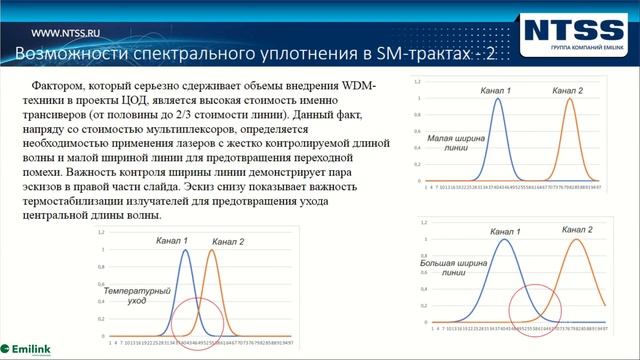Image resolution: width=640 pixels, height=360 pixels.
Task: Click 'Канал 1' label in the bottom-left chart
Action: click(x=178, y=241)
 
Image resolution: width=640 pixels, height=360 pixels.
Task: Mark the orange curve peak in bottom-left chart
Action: click(x=211, y=250)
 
